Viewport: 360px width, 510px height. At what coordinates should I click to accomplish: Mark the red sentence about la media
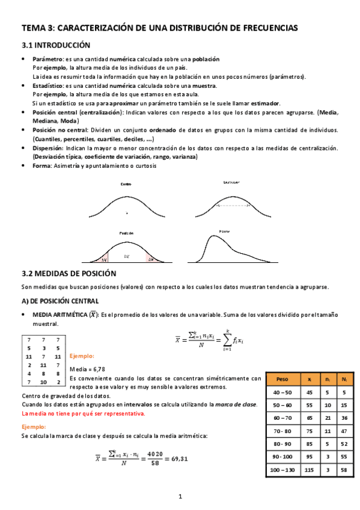point(83,414)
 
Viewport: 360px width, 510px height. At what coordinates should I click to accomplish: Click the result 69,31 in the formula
point(175,458)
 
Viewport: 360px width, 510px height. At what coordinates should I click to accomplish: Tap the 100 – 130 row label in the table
point(282,469)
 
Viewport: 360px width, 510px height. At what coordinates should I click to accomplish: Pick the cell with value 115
point(309,469)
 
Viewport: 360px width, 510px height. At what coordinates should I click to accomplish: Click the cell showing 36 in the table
point(343,417)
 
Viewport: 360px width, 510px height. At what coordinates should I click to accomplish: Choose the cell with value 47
point(343,431)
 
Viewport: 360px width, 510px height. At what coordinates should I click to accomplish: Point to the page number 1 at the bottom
point(180,497)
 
